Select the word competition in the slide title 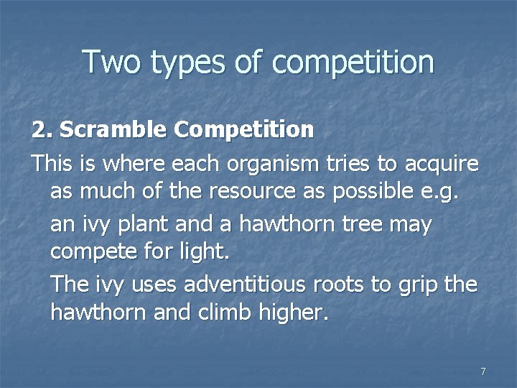point(353,63)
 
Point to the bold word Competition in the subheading point(243,131)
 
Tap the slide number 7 point(483,371)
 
